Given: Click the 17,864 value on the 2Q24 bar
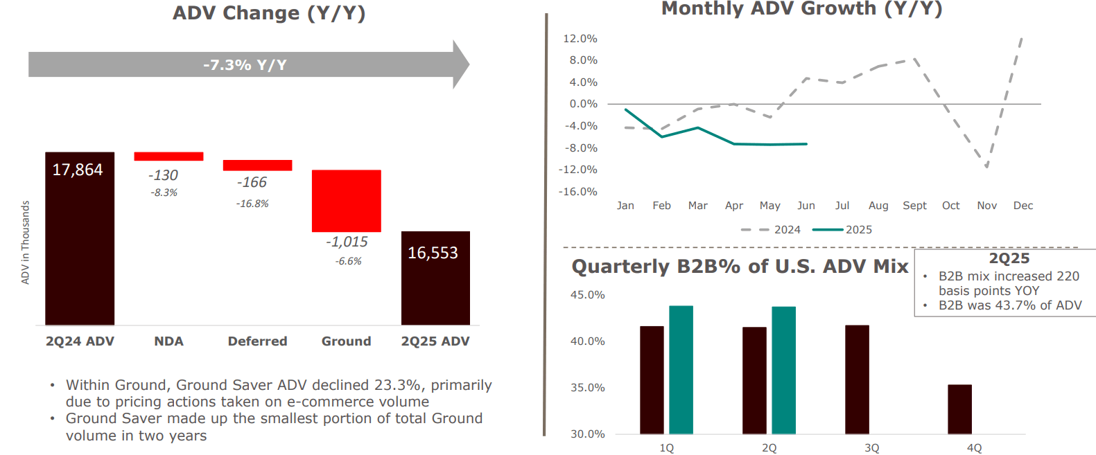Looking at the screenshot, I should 78,170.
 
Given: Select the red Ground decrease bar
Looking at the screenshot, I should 346,201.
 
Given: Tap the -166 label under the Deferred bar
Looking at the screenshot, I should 252,182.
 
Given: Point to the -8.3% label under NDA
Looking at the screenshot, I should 164,193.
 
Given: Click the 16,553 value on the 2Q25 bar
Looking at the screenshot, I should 433,253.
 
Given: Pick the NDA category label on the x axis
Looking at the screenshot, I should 168,341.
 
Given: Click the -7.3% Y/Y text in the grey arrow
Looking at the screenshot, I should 245,65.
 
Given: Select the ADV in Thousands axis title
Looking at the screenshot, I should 26,242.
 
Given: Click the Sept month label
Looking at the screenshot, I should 914,206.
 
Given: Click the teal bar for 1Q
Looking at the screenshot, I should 681,370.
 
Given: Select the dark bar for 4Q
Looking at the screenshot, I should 959,409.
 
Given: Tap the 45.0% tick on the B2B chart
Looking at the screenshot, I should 587,295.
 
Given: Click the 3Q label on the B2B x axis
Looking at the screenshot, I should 871,448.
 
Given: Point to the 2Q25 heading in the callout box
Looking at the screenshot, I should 1009,259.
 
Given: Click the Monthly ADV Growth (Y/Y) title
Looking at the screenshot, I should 801,9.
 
